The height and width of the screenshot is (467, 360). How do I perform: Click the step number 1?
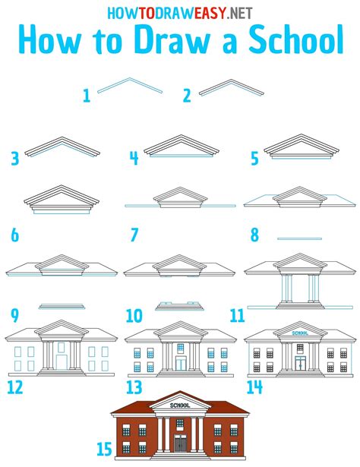(87, 96)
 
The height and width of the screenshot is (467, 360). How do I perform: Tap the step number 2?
(187, 96)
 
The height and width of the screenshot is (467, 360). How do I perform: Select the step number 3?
(14, 159)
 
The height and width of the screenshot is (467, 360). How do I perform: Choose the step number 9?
(14, 314)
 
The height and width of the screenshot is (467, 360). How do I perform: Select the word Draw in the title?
(160, 41)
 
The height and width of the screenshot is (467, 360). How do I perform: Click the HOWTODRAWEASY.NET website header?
(180, 11)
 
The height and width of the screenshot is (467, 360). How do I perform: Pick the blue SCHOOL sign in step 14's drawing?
(300, 333)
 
